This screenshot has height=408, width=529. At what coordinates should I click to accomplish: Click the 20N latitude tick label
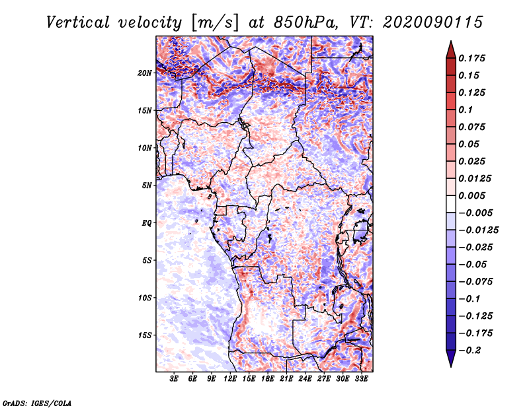pos(145,73)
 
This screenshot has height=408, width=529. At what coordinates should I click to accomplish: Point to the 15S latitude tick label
pos(145,335)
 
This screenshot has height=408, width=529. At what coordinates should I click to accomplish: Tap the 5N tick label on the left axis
pos(147,185)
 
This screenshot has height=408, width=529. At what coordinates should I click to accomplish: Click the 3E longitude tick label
pos(175,379)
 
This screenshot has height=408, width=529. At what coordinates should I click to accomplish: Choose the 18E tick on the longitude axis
pos(268,379)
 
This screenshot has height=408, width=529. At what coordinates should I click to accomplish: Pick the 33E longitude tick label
pos(361,379)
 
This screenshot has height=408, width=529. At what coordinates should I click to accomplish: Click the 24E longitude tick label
pos(305,379)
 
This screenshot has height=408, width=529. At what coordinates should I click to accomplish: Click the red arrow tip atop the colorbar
pos(450,47)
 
